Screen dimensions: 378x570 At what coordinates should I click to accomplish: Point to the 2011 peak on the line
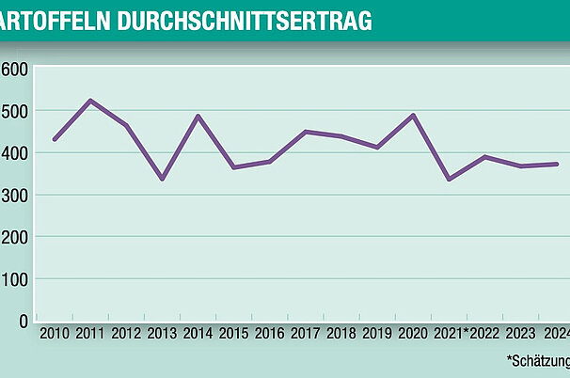[89, 101]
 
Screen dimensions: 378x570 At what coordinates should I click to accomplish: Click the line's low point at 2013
[162, 178]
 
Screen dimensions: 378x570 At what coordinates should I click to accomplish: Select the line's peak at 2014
[198, 117]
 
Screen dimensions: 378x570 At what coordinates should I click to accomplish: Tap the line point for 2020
[414, 116]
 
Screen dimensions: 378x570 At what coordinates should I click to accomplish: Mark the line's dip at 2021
[449, 179]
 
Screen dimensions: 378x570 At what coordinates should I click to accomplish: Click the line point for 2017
[306, 132]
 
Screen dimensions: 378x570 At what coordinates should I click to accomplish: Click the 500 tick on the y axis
[14, 111]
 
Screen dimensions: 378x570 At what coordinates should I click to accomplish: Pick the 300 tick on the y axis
[14, 195]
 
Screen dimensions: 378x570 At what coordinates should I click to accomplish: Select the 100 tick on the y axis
[14, 279]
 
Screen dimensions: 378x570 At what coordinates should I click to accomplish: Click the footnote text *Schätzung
[538, 360]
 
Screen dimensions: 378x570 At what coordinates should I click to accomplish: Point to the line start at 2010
[55, 139]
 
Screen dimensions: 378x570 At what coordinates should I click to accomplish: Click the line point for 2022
[485, 157]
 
